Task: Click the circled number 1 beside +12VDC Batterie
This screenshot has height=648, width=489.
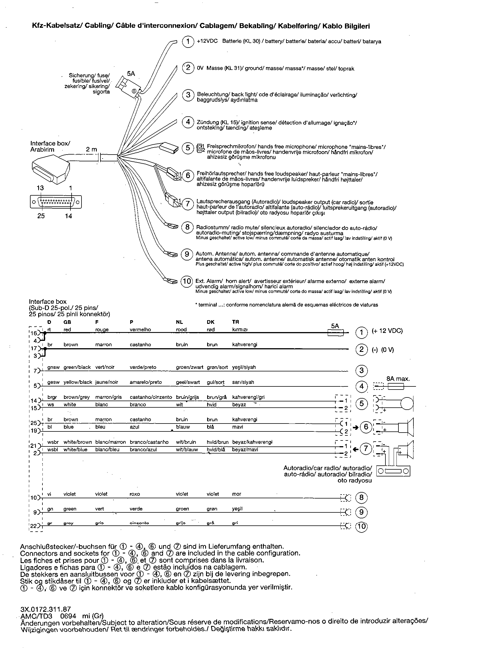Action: pos(188,41)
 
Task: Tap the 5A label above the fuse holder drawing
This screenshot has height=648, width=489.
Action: pos(131,74)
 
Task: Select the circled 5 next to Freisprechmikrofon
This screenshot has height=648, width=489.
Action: pos(188,148)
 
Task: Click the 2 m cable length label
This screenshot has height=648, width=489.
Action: pos(91,149)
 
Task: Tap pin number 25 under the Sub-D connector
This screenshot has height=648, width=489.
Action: pos(41,216)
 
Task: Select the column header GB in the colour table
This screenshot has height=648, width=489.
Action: pos(67,322)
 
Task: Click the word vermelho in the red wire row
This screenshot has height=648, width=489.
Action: pos(140,330)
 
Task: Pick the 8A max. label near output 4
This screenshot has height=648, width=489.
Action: pos(398,379)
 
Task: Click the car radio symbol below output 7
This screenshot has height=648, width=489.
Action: pos(393,471)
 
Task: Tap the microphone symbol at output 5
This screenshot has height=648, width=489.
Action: pos(407,403)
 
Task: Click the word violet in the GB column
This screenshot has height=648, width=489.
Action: pos(69,494)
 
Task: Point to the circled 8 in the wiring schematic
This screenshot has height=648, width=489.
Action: pos(361,497)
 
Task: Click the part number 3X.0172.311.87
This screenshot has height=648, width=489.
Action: pos(46,610)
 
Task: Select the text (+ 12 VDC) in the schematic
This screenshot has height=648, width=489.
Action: pos(387,331)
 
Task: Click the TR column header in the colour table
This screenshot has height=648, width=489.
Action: pos(235,322)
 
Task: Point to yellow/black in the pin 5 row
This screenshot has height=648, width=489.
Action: pos(78,382)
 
